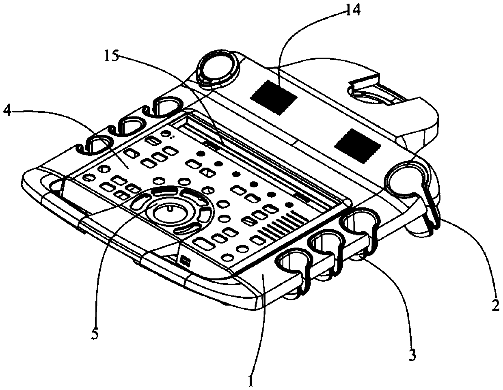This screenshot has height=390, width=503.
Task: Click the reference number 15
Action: click(111, 56)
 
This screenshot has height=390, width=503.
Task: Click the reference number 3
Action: click(411, 354)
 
